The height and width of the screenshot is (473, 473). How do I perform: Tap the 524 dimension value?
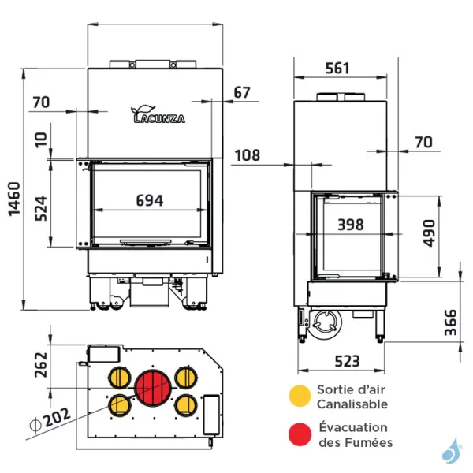click(42, 207)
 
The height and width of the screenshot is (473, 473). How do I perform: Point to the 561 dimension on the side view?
click(337, 69)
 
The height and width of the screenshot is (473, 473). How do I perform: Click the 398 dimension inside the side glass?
click(350, 225)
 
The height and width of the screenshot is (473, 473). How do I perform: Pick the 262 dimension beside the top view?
click(42, 365)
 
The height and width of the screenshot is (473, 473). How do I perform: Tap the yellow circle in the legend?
click(299, 396)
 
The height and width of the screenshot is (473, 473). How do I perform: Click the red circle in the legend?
click(299, 434)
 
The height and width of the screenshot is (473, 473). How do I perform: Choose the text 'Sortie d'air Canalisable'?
click(352, 397)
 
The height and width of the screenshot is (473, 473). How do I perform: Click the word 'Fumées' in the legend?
click(369, 442)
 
